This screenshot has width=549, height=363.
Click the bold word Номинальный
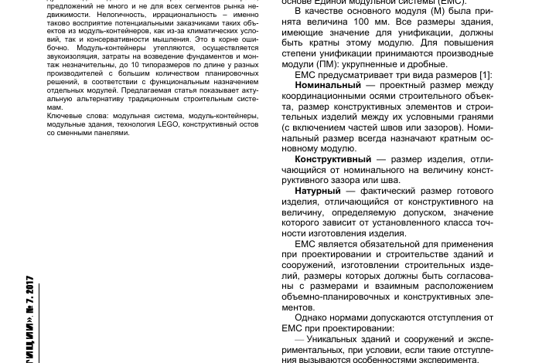(x=328, y=85)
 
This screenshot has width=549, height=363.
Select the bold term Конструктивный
(x=333, y=159)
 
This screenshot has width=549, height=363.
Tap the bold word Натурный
(x=317, y=191)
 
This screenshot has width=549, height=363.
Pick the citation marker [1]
(x=485, y=75)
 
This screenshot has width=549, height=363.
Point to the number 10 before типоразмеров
(x=135, y=65)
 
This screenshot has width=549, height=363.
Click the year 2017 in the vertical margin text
(x=29, y=290)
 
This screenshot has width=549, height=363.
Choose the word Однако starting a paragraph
(x=312, y=317)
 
